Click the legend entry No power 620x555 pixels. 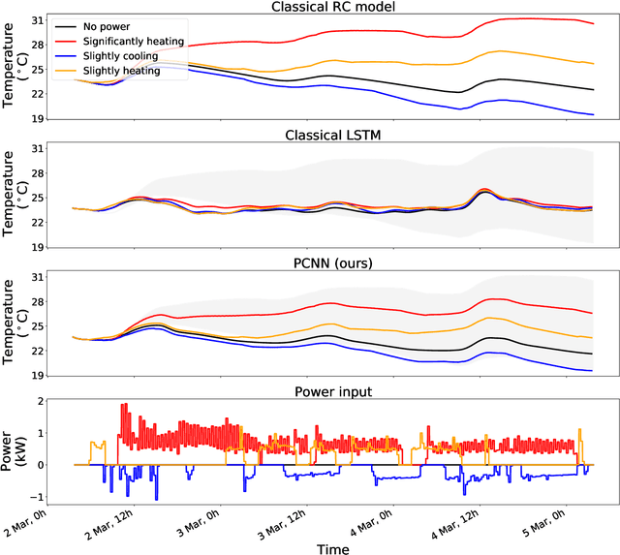(x=108, y=26)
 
